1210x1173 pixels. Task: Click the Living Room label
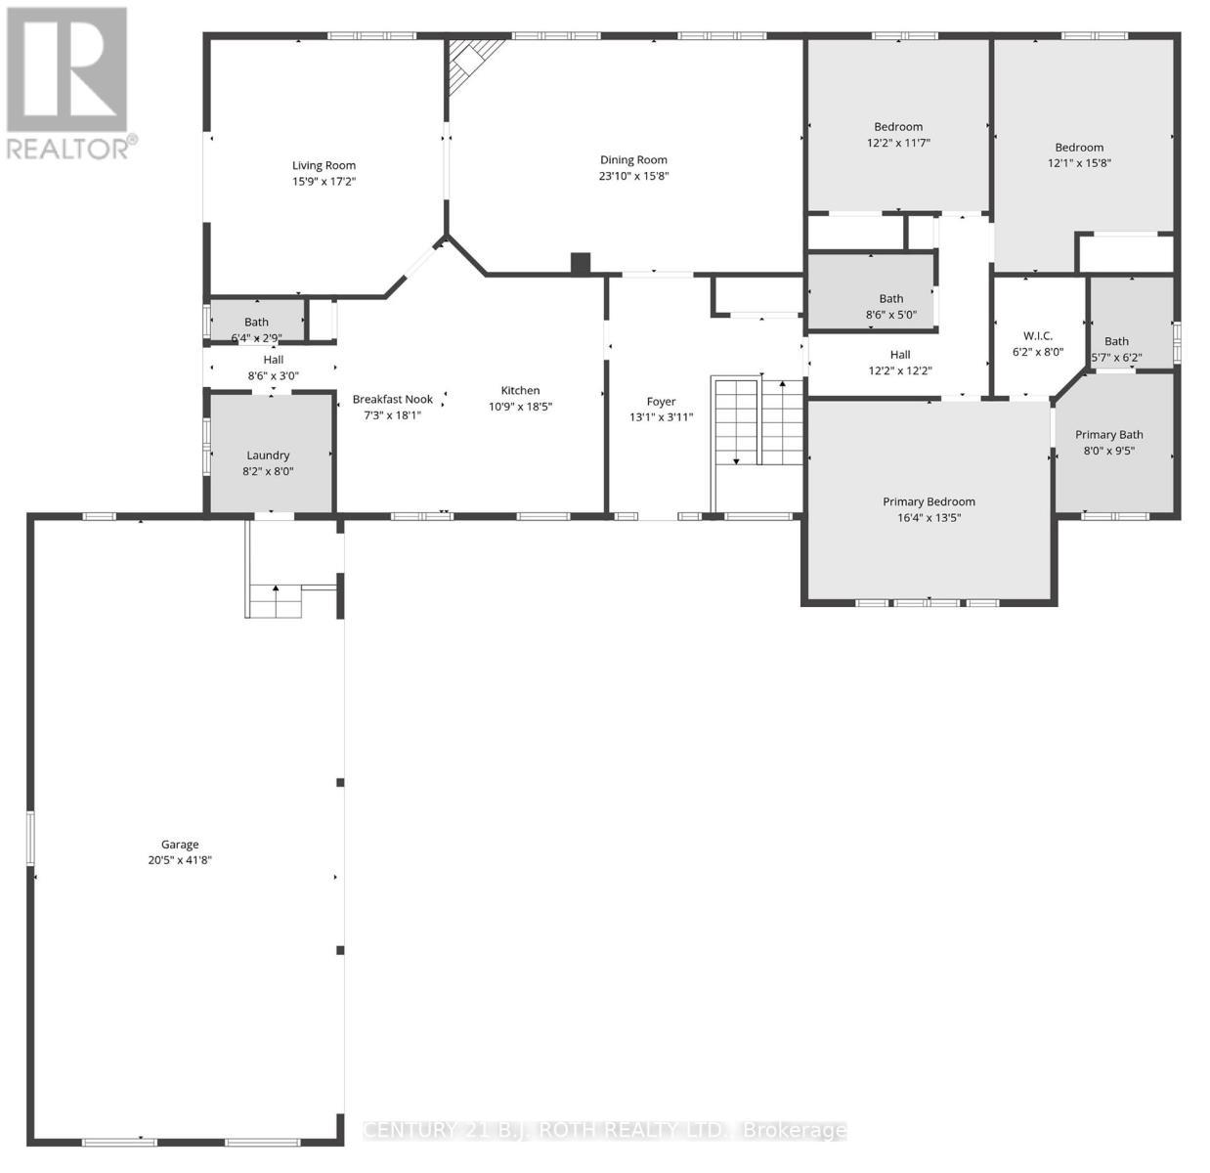click(324, 165)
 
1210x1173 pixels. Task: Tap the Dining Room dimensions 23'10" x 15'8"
click(633, 176)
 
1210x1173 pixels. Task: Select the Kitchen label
click(520, 390)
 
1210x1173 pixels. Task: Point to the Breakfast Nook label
click(392, 399)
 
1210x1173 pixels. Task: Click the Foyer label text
click(661, 401)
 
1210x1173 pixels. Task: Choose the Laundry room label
click(268, 455)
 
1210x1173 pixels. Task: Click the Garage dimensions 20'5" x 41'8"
click(174, 860)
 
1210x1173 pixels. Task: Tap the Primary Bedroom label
click(929, 501)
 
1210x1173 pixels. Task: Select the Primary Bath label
click(1108, 434)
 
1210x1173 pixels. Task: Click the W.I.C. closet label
click(1037, 335)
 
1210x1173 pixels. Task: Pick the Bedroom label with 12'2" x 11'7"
click(897, 126)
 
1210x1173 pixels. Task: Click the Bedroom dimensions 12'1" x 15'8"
click(1079, 163)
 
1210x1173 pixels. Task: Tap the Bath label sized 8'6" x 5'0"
click(890, 298)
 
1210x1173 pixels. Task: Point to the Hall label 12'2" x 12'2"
click(899, 355)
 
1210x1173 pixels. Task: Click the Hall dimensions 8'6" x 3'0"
click(273, 375)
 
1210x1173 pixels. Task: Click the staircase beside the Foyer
click(757, 422)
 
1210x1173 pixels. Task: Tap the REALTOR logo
click(67, 82)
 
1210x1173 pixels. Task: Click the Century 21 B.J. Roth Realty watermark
click(604, 1130)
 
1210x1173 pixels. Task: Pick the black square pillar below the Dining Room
click(581, 263)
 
